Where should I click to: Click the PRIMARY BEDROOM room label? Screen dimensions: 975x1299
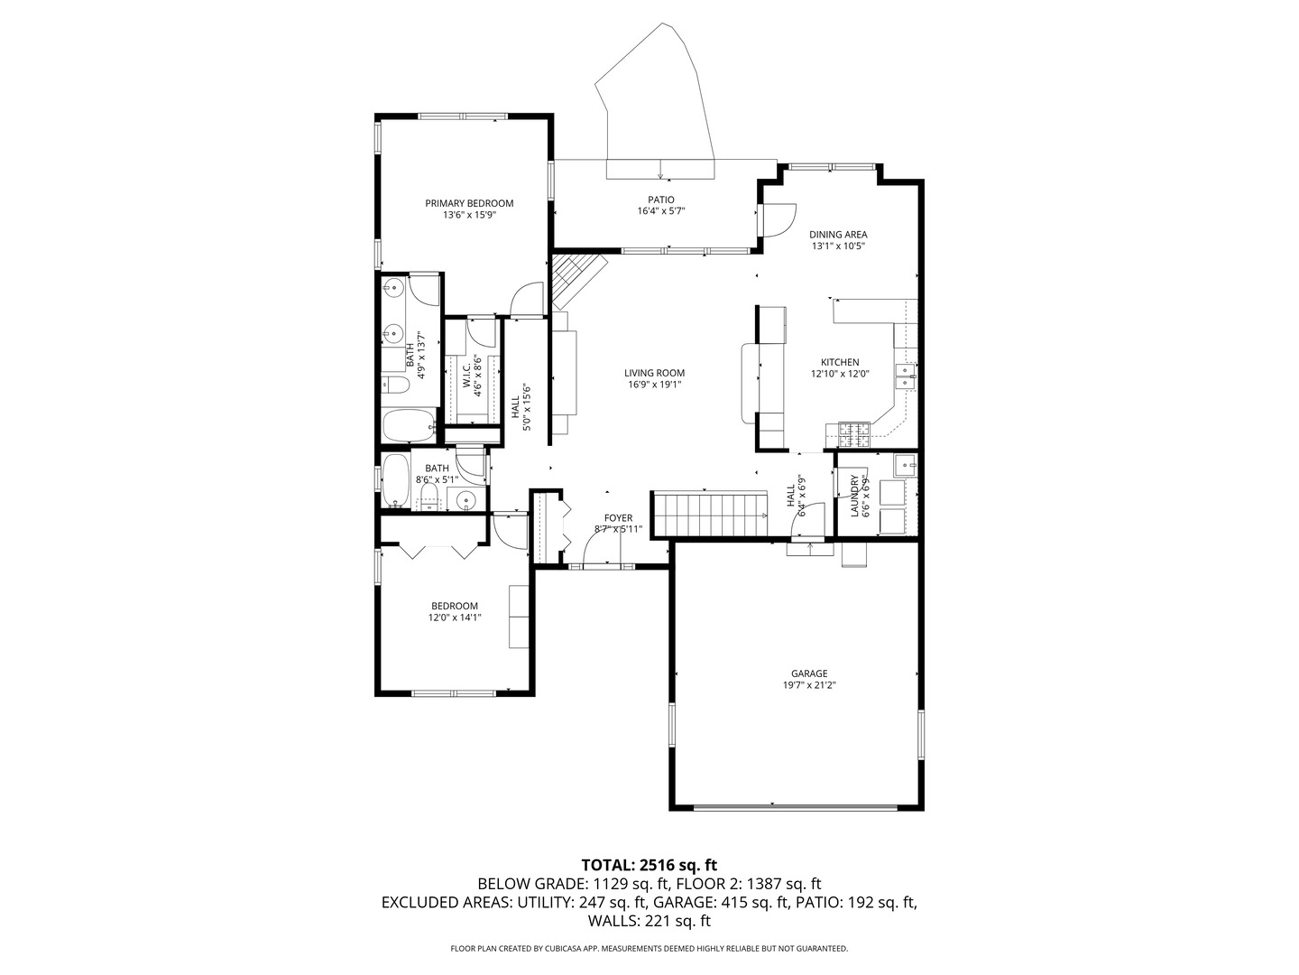click(469, 203)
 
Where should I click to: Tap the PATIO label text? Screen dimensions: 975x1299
click(660, 200)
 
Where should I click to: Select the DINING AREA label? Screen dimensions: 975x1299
click(837, 235)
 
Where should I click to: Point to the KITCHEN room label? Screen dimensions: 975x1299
click(839, 362)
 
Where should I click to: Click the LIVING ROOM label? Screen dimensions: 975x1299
click(654, 373)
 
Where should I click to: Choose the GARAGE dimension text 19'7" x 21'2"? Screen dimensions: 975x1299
click(809, 685)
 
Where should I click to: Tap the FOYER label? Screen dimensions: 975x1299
click(618, 518)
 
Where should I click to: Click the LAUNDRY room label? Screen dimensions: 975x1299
click(853, 496)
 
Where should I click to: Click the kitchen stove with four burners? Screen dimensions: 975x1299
click(853, 435)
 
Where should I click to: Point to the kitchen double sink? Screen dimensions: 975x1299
click(905, 376)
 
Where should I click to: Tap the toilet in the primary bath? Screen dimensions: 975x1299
click(396, 385)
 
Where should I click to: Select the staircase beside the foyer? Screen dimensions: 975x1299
click(708, 515)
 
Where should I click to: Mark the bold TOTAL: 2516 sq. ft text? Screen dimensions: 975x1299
click(649, 865)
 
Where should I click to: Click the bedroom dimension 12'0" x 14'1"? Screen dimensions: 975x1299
click(454, 618)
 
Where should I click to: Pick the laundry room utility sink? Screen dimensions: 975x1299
click(905, 466)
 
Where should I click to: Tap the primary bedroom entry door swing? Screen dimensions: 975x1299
click(526, 300)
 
